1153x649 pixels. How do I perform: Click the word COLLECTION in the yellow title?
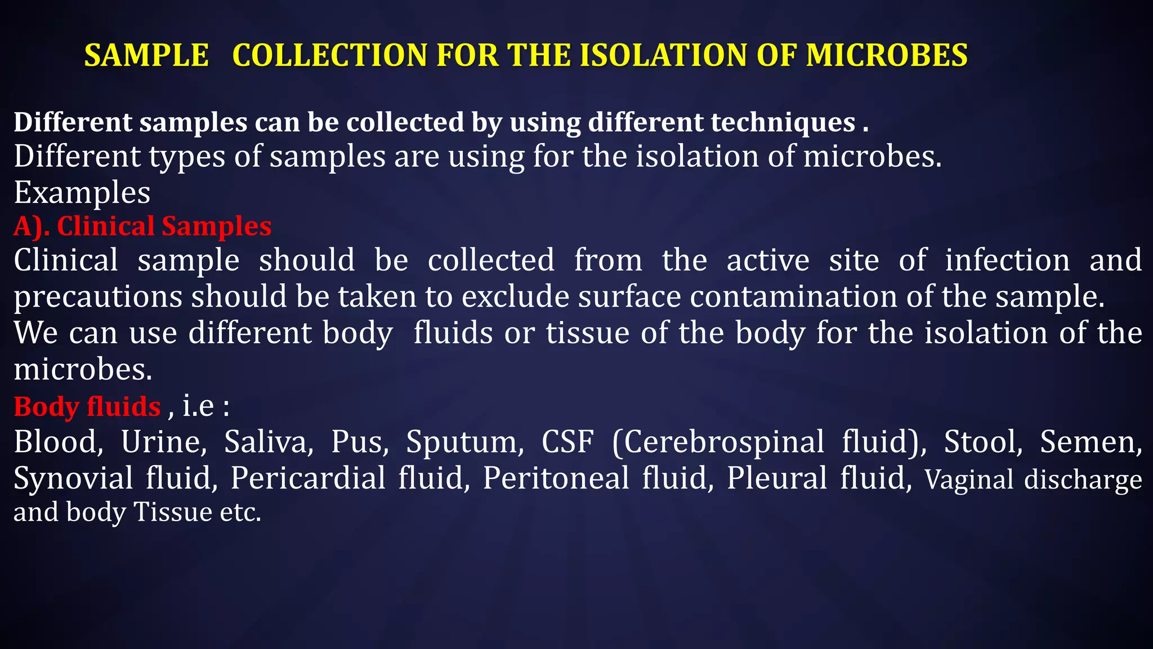(329, 56)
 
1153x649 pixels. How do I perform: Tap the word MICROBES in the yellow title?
(886, 56)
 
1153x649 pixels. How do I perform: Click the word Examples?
(82, 193)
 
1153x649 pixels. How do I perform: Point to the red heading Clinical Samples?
(164, 226)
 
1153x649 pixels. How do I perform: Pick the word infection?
(1007, 260)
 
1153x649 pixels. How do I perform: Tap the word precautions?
(98, 297)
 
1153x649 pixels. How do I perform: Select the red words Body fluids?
(87, 407)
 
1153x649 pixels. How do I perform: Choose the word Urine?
(164, 442)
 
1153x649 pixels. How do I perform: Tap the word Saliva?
(269, 442)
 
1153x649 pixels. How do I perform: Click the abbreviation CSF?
(567, 442)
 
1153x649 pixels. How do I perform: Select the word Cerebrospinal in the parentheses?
(723, 443)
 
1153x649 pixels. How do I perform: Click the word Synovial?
(73, 479)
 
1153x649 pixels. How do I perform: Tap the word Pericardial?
(308, 478)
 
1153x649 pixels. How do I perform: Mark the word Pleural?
(776, 478)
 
